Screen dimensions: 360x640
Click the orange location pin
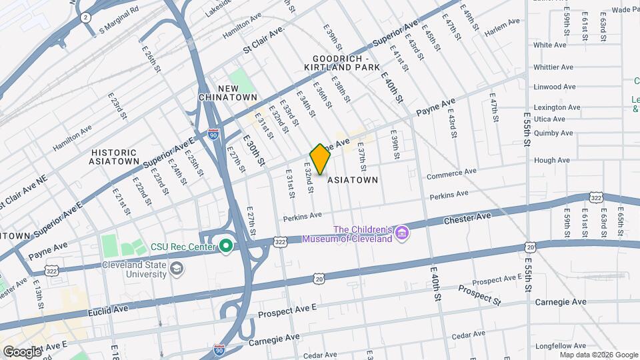pyautogui.click(x=320, y=159)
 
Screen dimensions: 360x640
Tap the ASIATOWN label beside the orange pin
pyautogui.click(x=353, y=180)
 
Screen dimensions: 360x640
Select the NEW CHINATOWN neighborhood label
pyautogui.click(x=227, y=93)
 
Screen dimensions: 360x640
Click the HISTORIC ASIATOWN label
pyautogui.click(x=115, y=156)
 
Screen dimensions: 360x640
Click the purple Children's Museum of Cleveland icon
pyautogui.click(x=402, y=233)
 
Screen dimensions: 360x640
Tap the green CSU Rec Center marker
pyautogui.click(x=226, y=247)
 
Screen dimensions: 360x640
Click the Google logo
pyautogui.click(x=21, y=351)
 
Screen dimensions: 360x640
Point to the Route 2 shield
pyautogui.click(x=85, y=17)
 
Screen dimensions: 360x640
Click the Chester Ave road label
pyautogui.click(x=467, y=217)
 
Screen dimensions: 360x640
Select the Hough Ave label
pyautogui.click(x=552, y=160)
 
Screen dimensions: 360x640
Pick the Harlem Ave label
pyautogui.click(x=503, y=22)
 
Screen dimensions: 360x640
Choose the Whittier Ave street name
pyautogui.click(x=553, y=67)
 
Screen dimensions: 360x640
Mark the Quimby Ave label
pyautogui.click(x=553, y=133)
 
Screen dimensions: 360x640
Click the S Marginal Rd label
pyautogui.click(x=118, y=29)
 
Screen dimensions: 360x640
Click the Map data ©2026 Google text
pyautogui.click(x=599, y=355)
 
